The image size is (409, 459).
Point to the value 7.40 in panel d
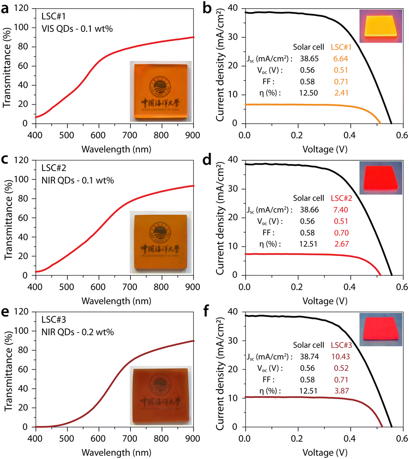coord(339,210)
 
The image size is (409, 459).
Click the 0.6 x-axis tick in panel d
coord(402,285)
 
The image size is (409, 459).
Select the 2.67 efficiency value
coord(339,244)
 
